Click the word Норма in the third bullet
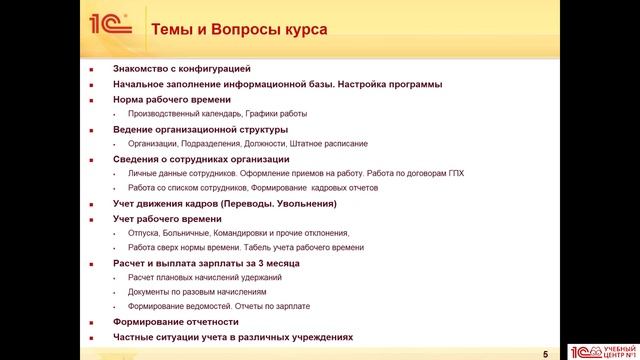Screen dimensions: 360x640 coord(129,99)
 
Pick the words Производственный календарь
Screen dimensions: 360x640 coord(184,114)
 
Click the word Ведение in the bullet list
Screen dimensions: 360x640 coord(134,129)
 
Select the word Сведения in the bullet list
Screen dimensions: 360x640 coord(136,159)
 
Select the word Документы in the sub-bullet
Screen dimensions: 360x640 coord(150,292)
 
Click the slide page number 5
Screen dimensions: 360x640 coord(545,353)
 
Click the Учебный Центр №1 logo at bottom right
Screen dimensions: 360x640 coord(602,351)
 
